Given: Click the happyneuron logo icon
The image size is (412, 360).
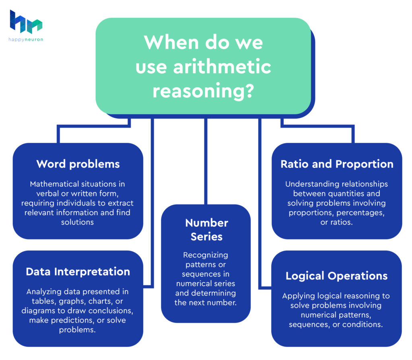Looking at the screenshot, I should [26, 22].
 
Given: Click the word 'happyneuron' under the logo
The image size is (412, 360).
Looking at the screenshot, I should [26, 39].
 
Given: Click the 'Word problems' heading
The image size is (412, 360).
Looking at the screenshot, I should [78, 164].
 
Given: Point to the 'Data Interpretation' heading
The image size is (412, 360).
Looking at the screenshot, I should [78, 272].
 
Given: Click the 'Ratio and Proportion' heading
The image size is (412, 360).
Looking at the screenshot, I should [337, 164].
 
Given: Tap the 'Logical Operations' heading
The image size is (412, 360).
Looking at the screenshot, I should [337, 276].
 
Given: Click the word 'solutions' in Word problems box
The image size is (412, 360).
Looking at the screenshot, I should [78, 222].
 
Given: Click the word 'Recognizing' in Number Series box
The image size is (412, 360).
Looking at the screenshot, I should [206, 255].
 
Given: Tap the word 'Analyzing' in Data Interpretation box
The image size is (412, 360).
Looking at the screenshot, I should [44, 292].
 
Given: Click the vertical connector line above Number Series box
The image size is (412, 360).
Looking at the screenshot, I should [206, 161].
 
